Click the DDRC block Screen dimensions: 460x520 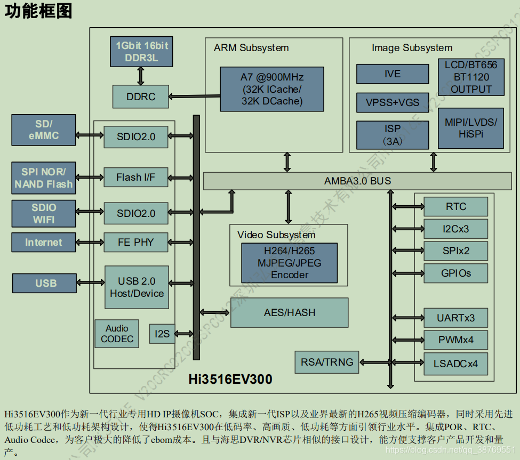coord(141,96)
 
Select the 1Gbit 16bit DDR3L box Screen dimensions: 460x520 coord(141,52)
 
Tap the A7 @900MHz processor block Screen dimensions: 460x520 coord(271,89)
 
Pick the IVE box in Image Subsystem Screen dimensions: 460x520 coord(392,74)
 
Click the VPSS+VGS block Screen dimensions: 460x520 coord(392,102)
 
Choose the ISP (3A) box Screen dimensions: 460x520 coord(392,135)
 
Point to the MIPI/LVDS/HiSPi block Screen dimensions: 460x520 coord(470,128)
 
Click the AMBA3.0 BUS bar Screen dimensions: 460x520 coord(357,181)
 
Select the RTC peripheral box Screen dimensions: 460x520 coord(455,207)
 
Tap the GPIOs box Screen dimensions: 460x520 coord(455,273)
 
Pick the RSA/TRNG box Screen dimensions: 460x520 coord(327,362)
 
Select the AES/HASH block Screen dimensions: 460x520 coord(289,312)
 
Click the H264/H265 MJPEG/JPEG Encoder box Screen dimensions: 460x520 coord(289,263)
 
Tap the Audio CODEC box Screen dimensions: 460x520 coord(117,334)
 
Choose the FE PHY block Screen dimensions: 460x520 coord(135,242)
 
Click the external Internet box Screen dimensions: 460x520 coord(43,242)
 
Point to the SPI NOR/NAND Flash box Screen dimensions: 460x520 coord(43,178)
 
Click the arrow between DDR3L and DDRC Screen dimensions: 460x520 coord(141,76)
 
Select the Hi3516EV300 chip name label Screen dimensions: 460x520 coord(230,380)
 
